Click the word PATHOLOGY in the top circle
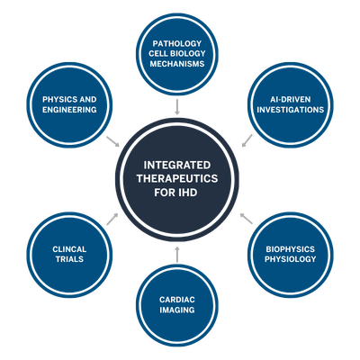click(x=177, y=43)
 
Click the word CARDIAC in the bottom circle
click(x=177, y=299)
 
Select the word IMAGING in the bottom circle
click(x=177, y=311)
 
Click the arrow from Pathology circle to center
click(x=177, y=107)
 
